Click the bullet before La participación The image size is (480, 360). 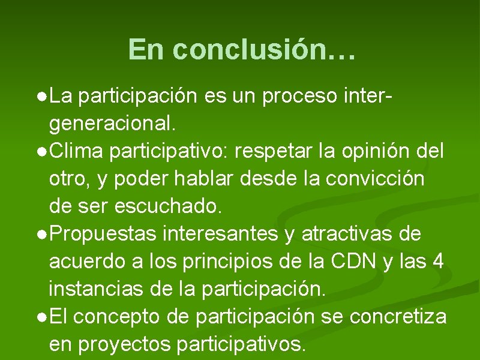point(40,96)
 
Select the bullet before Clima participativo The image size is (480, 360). point(40,152)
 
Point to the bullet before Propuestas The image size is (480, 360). point(40,235)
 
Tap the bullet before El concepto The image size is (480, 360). point(40,318)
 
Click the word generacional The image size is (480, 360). point(113,124)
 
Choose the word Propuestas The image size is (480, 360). point(106,234)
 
